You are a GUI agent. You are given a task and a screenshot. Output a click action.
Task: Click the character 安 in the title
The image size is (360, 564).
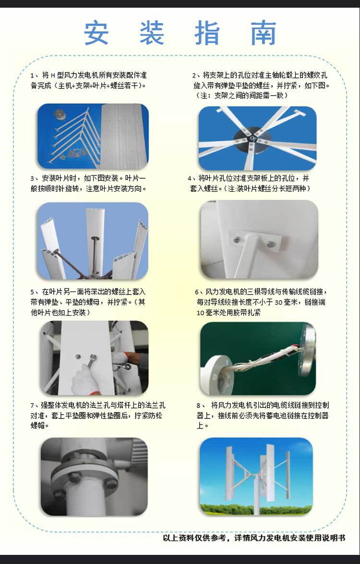pyautogui.click(x=96, y=33)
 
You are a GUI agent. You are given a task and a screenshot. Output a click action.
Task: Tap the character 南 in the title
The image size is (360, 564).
pyautogui.click(x=264, y=33)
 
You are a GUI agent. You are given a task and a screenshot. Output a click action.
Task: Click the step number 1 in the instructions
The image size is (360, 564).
pyautogui.click(x=32, y=75)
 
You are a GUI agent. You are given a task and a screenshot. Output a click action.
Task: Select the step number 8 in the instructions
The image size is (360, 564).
pyautogui.click(x=198, y=405)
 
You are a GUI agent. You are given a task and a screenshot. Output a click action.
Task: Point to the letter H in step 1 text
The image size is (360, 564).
pyautogui.click(x=52, y=75)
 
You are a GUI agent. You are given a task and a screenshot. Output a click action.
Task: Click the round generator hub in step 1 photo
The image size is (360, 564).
pyautogui.click(x=60, y=115)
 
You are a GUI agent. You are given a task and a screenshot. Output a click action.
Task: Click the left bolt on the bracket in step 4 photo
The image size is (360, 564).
pyautogui.click(x=237, y=240)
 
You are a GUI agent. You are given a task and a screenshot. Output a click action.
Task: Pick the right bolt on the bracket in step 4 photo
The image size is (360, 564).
pyautogui.click(x=271, y=244)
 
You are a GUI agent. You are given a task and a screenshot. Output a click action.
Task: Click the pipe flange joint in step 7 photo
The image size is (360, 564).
pyautogui.click(x=85, y=475)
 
